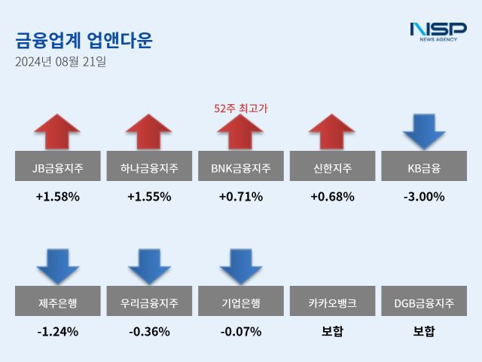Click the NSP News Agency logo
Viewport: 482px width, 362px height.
click(x=438, y=32)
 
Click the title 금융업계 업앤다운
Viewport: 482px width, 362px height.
click(x=84, y=39)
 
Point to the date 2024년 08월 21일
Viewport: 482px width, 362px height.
click(x=61, y=62)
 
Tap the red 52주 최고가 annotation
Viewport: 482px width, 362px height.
click(x=241, y=108)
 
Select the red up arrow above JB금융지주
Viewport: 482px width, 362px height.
click(x=58, y=133)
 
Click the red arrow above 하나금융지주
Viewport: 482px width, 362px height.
click(x=149, y=133)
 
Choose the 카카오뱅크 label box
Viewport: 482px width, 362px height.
click(x=332, y=303)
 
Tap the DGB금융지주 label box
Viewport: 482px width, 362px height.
click(x=424, y=303)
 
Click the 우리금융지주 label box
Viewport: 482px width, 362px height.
click(x=149, y=303)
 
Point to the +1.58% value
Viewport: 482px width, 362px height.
click(x=58, y=197)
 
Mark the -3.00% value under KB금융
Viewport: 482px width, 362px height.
click(x=424, y=197)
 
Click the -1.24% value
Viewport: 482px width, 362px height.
click(x=58, y=331)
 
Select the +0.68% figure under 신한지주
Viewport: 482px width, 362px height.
click(x=332, y=197)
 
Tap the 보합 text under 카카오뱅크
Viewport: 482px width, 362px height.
click(x=332, y=331)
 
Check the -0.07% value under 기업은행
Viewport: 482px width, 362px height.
click(x=241, y=331)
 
